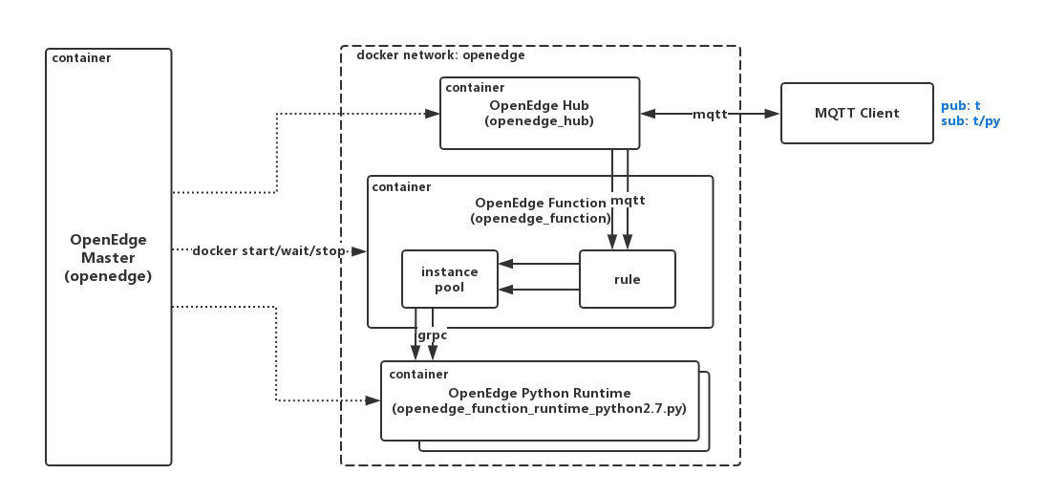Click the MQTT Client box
pyautogui.click(x=857, y=114)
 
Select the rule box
pyautogui.click(x=627, y=279)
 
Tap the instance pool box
pyautogui.click(x=449, y=279)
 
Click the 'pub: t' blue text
pyautogui.click(x=960, y=106)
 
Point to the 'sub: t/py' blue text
pyautogui.click(x=970, y=121)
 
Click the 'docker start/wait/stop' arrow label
pyautogui.click(x=269, y=251)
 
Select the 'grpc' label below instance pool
pyautogui.click(x=432, y=335)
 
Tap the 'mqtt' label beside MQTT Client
pyautogui.click(x=710, y=114)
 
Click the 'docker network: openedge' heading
pyautogui.click(x=440, y=55)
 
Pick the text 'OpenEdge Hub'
pyautogui.click(x=539, y=105)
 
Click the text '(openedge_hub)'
pyautogui.click(x=539, y=121)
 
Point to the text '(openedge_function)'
pyautogui.click(x=540, y=219)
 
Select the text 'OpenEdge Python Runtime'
pyautogui.click(x=539, y=393)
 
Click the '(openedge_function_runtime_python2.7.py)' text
pyautogui.click(x=539, y=409)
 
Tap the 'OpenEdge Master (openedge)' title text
pyautogui.click(x=108, y=258)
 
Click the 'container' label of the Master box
pyautogui.click(x=81, y=58)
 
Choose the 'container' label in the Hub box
pyautogui.click(x=475, y=88)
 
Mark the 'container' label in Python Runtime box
pyautogui.click(x=418, y=374)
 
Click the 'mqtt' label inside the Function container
pyautogui.click(x=628, y=201)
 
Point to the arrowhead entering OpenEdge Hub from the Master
pyautogui.click(x=433, y=114)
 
